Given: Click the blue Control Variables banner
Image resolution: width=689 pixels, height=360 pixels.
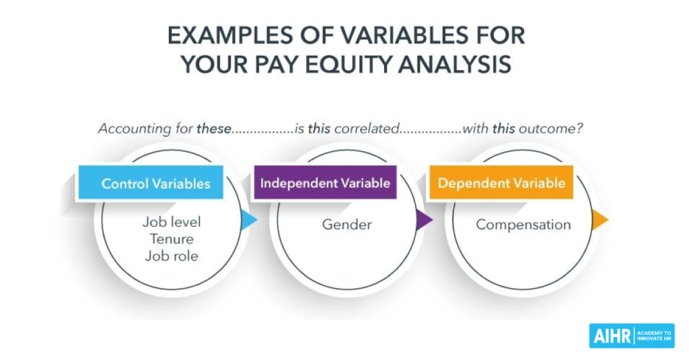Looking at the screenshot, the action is [x=151, y=183].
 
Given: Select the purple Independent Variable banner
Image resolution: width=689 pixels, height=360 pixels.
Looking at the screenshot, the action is [x=325, y=182].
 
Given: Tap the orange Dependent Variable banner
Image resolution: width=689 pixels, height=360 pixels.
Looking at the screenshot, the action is [x=501, y=182].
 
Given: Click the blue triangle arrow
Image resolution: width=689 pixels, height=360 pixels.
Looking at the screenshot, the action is [x=249, y=220].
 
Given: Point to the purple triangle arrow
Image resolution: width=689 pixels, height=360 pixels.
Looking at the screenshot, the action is [x=424, y=220].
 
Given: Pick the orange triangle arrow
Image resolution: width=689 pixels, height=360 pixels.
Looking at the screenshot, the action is [x=600, y=220].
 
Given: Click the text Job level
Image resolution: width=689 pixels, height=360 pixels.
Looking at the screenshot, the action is [x=172, y=222].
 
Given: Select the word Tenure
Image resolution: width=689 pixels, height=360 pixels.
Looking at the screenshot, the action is [x=172, y=239].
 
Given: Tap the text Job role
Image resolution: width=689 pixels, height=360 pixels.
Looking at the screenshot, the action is [x=172, y=256].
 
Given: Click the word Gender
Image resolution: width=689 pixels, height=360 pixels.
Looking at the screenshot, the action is [x=347, y=225].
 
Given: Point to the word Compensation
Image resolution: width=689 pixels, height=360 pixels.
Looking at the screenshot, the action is [x=523, y=225].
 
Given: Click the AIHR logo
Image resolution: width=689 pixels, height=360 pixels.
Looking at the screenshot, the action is [x=632, y=336].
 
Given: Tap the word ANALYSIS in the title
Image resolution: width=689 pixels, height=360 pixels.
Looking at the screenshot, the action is [x=456, y=65].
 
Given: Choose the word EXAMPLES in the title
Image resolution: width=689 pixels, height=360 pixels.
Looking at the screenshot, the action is [x=230, y=35].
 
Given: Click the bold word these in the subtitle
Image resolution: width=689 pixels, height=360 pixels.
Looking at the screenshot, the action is [x=213, y=129].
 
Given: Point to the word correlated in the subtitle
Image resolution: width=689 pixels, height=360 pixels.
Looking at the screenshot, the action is [x=367, y=129].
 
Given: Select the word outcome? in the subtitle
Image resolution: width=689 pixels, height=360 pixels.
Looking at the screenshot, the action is [x=550, y=129].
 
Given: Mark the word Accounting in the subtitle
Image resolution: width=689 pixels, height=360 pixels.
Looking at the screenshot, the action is [x=130, y=129].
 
